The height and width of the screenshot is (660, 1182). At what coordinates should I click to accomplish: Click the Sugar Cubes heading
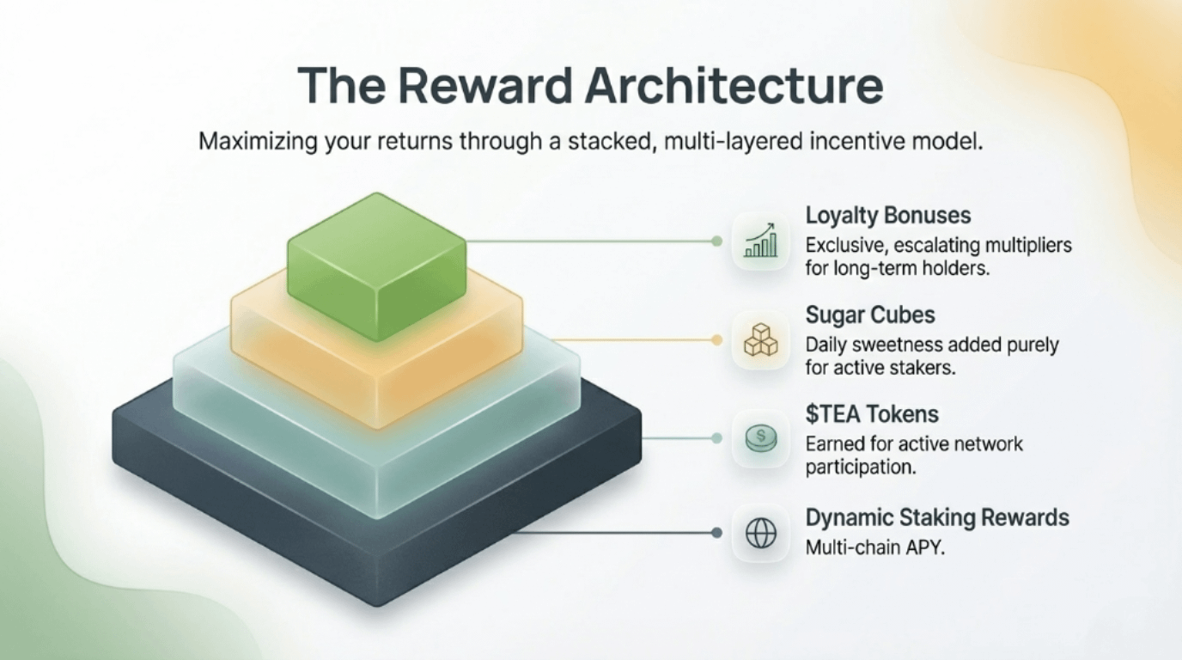(869, 315)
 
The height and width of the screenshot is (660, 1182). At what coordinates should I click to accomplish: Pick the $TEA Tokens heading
(872, 414)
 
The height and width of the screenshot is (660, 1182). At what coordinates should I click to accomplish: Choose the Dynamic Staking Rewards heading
(937, 518)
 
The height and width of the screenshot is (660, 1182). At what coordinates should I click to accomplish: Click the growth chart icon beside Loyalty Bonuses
(760, 242)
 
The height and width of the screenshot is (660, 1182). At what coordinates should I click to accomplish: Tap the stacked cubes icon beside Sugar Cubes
(760, 341)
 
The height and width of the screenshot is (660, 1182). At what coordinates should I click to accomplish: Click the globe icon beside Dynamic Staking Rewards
(760, 534)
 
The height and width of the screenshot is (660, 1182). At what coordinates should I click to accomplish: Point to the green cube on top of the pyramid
(376, 258)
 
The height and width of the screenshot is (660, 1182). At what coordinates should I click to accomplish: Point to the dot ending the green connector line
(716, 241)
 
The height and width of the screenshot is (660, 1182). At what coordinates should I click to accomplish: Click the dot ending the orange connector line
(716, 340)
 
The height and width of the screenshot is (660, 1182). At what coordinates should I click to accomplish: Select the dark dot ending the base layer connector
(716, 533)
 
